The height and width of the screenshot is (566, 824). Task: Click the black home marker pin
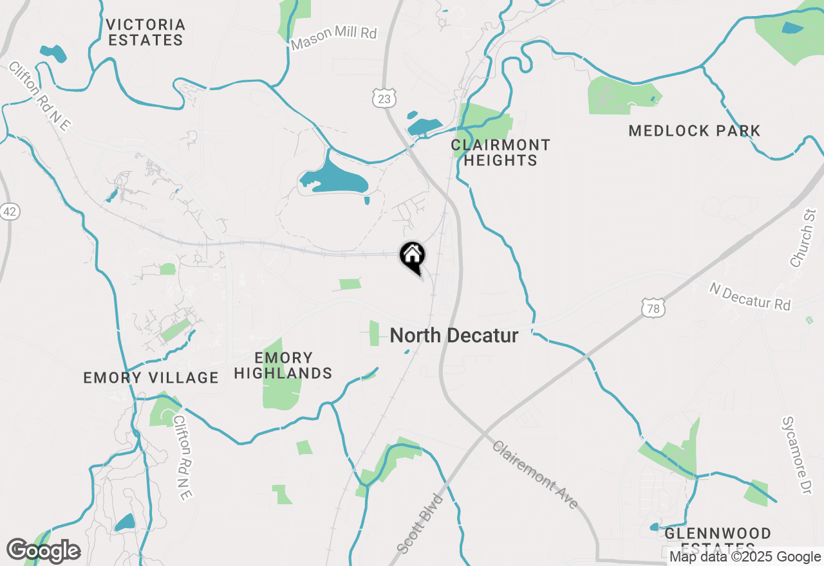[412, 257]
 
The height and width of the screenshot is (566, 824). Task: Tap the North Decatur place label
[454, 335]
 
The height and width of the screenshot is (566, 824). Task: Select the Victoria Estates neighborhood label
[145, 32]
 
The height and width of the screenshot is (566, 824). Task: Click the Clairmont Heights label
[501, 152]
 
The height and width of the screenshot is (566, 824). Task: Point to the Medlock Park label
[695, 131]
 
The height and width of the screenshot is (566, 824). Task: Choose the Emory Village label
[151, 378]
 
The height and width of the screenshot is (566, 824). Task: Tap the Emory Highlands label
[283, 365]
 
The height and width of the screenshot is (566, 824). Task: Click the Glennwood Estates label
[718, 540]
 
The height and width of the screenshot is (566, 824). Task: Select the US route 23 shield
[384, 98]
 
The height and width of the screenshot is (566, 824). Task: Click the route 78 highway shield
[653, 309]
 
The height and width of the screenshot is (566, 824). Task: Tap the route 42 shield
[10, 212]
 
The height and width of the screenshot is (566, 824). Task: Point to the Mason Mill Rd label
[333, 38]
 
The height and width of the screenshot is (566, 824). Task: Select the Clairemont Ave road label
[536, 475]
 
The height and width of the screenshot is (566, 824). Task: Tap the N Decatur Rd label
[750, 297]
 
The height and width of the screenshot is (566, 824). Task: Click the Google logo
[43, 551]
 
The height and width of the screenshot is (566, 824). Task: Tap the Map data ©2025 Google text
[745, 557]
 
